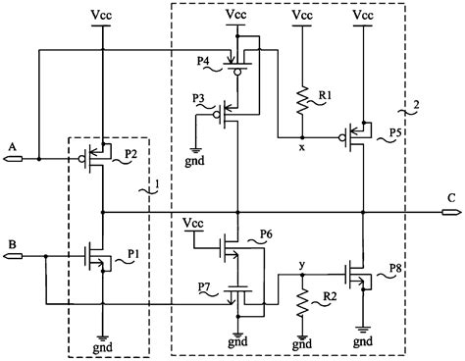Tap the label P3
198,100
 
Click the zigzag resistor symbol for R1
302,99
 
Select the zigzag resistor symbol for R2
302,305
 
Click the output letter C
450,197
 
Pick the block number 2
419,105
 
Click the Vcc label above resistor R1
302,18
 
